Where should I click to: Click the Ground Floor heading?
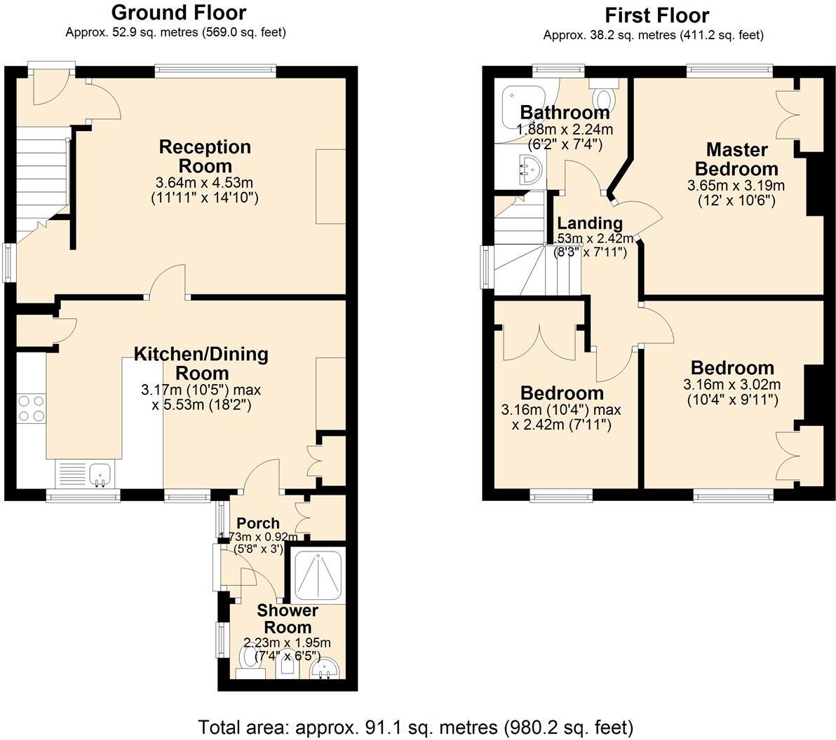point(178,13)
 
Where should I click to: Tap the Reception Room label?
point(205,156)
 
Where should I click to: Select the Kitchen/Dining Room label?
point(201,363)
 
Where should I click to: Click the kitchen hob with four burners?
point(31,408)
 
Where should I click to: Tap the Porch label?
point(257,523)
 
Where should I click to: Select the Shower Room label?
point(286,619)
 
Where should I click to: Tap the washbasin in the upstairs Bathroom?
point(527,168)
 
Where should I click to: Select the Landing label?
point(590,224)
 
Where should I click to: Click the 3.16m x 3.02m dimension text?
point(731,385)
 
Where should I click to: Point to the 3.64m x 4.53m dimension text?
point(204,183)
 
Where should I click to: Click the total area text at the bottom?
point(416,726)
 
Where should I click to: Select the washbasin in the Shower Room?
point(324,669)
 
